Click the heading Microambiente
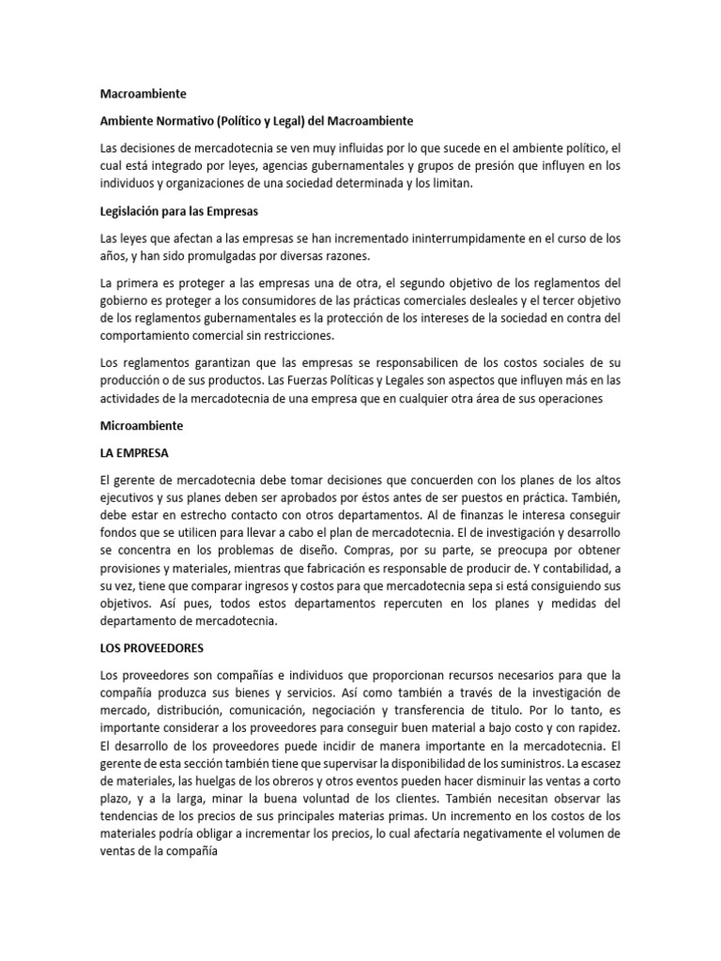pyautogui.click(x=142, y=425)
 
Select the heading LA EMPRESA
pyautogui.click(x=134, y=452)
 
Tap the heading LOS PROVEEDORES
pyautogui.click(x=151, y=648)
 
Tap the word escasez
pyautogui.click(x=597, y=764)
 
